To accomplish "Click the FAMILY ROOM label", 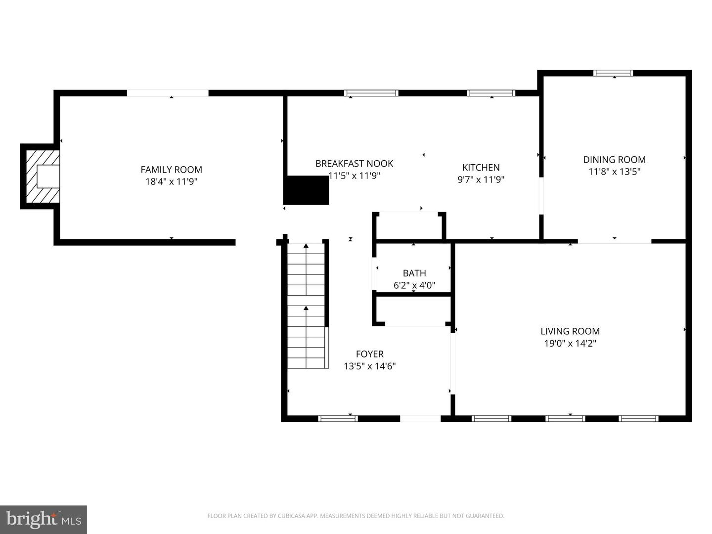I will [171, 170].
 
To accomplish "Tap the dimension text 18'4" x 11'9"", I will [171, 181].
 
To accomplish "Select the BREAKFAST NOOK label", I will [354, 164].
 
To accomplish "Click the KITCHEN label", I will [481, 168].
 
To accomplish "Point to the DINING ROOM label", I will [614, 160].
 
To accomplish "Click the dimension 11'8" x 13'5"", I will [614, 172].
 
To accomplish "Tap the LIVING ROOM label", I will [570, 331].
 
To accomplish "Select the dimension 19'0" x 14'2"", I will [570, 343].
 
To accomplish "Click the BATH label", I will [414, 273].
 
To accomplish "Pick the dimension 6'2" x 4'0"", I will [414, 285].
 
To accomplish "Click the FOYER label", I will [369, 354].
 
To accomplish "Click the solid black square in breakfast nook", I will [306, 190].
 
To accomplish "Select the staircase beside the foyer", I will [306, 307].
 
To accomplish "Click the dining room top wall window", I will [613, 73].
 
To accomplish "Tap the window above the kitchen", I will [491, 93].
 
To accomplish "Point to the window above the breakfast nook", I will [371, 93].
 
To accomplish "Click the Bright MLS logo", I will [44, 519].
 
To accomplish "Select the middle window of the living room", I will [565, 418].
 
